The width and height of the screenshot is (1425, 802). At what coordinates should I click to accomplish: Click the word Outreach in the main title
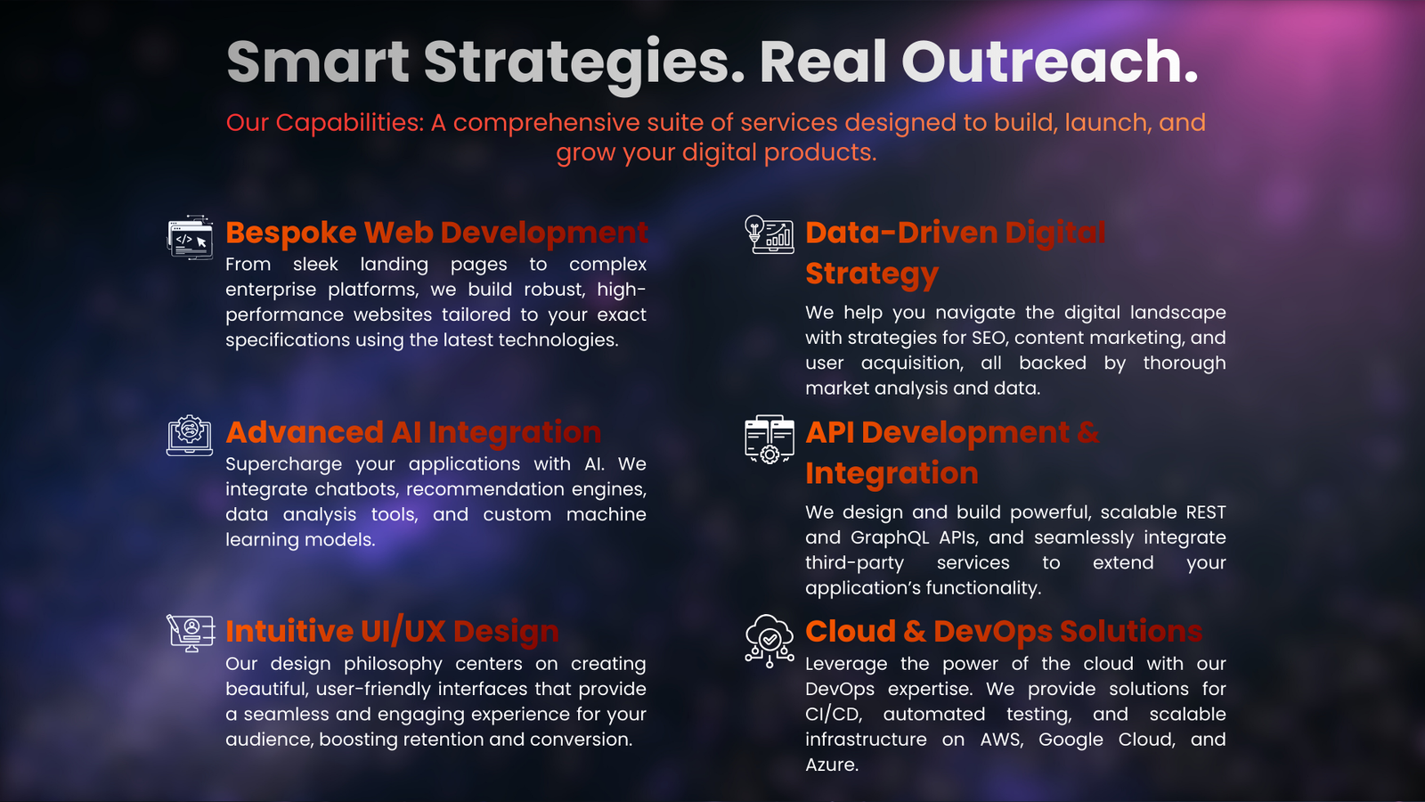[x=1050, y=61]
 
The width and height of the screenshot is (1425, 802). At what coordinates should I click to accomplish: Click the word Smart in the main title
[x=317, y=61]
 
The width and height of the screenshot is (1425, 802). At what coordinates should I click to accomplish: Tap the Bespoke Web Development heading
[x=436, y=233]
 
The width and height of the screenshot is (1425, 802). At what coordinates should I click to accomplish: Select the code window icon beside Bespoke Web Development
[x=190, y=237]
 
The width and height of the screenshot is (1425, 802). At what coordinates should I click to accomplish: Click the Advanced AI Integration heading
[x=413, y=432]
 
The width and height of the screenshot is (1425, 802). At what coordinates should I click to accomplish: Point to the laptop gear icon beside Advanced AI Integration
[x=190, y=436]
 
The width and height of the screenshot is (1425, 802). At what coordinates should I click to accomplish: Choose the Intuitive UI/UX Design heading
[x=393, y=632]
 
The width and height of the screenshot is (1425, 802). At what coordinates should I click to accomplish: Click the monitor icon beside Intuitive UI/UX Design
[x=191, y=633]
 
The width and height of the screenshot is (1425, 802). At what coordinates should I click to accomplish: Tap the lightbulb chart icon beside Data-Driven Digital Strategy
[x=769, y=234]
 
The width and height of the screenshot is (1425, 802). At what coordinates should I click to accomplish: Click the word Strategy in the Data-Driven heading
[x=872, y=274]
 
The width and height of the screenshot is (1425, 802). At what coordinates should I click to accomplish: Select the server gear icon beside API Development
[x=769, y=439]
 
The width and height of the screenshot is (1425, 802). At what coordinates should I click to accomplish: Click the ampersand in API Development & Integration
[x=1087, y=433]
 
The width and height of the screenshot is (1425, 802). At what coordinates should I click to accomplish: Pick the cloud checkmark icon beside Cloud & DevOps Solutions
[x=769, y=641]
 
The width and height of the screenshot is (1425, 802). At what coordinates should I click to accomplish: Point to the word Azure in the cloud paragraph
[x=832, y=765]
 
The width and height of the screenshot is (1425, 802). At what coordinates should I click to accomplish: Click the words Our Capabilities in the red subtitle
[x=324, y=123]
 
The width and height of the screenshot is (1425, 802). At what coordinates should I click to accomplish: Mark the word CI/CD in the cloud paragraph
[x=834, y=714]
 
